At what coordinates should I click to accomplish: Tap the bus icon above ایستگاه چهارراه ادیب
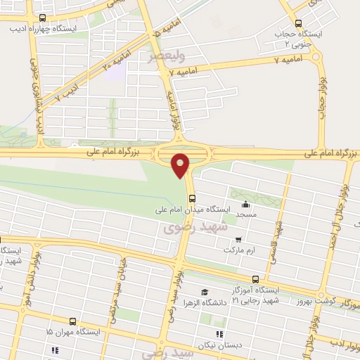click(43, 18)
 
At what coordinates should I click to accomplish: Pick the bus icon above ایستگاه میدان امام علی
click(192, 198)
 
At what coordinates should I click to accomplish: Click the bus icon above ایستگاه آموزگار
click(255, 278)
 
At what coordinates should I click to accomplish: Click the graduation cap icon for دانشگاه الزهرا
click(204, 292)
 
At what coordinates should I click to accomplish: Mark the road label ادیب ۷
click(67, 91)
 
